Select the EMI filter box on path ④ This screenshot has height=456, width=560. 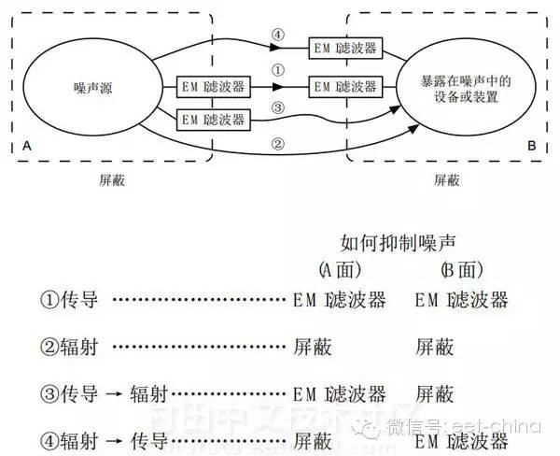(345, 46)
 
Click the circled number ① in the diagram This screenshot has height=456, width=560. (277, 69)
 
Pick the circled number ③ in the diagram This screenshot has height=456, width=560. (277, 108)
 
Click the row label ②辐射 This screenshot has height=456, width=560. (65, 347)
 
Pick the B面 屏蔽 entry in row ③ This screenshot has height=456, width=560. (435, 392)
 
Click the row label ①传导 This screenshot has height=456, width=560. (65, 301)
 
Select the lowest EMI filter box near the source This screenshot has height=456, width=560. (214, 119)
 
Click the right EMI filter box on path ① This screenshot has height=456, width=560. (345, 87)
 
